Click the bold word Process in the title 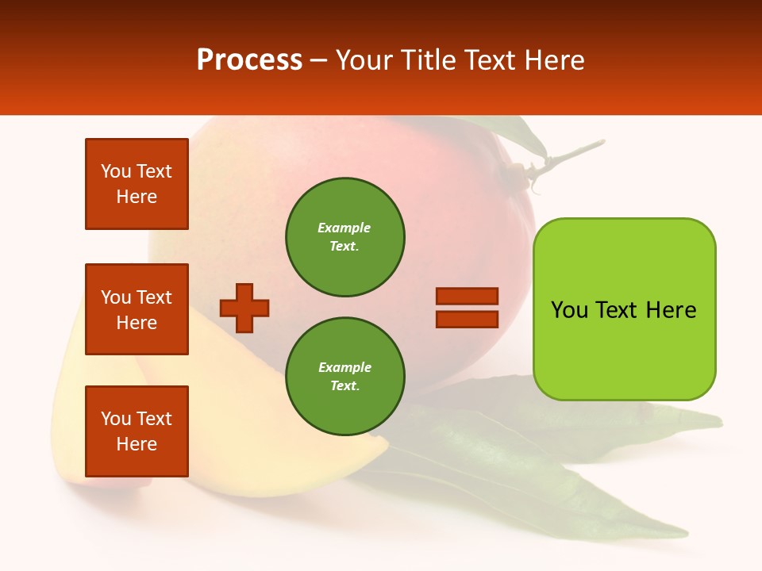pos(249,60)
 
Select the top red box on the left pos(137,184)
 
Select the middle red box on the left pos(137,309)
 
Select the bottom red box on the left pos(137,431)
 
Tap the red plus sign pos(244,308)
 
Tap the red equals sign pos(467,308)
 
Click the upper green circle pos(344,237)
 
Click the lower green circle pos(344,377)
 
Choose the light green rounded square pos(624,309)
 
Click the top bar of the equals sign pos(467,296)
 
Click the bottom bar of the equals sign pos(467,319)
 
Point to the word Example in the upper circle pos(344,228)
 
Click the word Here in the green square pos(671,310)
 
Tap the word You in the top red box pos(116,171)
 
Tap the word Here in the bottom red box pos(137,444)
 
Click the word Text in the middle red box pos(153,297)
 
